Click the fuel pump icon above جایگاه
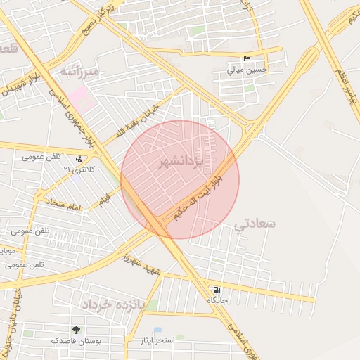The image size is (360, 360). click(x=216, y=290)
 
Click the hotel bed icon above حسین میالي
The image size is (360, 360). click(x=246, y=58)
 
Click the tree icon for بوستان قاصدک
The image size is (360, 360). click(x=76, y=330)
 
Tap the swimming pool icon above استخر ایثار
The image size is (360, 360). click(x=157, y=330)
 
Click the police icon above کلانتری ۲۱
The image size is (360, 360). click(x=78, y=160)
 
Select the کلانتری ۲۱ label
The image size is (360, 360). click(x=78, y=170)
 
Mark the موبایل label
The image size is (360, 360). click(x=6, y=250)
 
